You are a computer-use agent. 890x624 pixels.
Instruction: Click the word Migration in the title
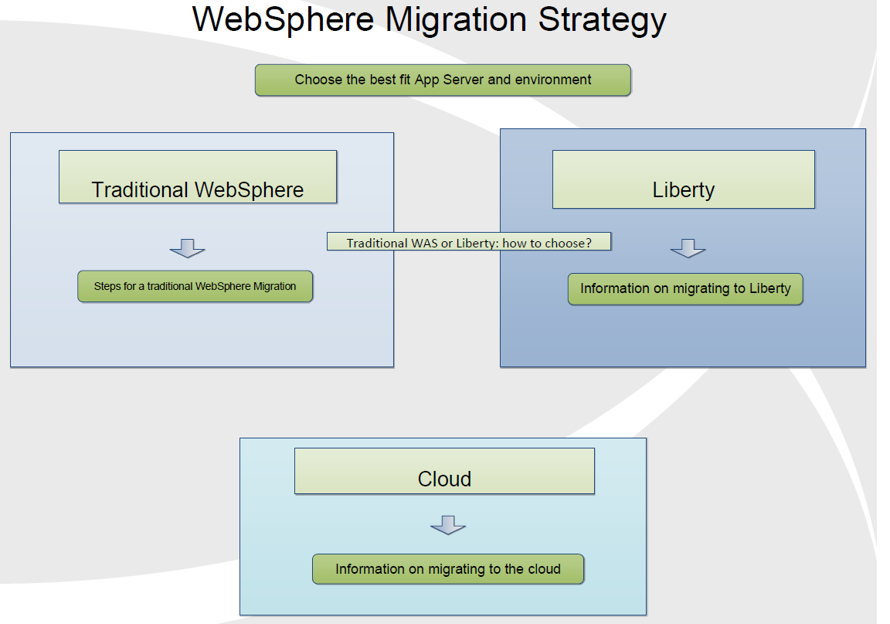point(457,21)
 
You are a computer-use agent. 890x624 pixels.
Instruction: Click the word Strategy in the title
point(603,21)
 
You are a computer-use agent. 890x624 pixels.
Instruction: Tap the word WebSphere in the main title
point(284,20)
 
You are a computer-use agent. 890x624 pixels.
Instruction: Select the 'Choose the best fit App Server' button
point(443,80)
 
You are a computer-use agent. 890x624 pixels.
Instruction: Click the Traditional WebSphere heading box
point(198,177)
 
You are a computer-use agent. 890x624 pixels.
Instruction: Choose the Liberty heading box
point(684,179)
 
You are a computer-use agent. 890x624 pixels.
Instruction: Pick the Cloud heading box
point(444,471)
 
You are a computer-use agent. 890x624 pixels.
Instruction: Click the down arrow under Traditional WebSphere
point(187,248)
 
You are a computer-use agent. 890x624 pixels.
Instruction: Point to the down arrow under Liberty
point(688,248)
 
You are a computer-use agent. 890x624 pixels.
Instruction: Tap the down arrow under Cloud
point(448,525)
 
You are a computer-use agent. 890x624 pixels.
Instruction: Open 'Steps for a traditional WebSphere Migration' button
point(195,286)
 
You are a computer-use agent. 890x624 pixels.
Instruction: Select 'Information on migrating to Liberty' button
point(686,289)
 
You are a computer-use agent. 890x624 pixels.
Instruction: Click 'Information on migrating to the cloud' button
point(448,569)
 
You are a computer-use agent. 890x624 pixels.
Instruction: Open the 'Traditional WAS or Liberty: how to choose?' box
point(469,241)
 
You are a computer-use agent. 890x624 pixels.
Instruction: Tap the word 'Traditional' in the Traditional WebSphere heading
point(140,189)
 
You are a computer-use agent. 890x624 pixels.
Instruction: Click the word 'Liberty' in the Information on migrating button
point(769,288)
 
